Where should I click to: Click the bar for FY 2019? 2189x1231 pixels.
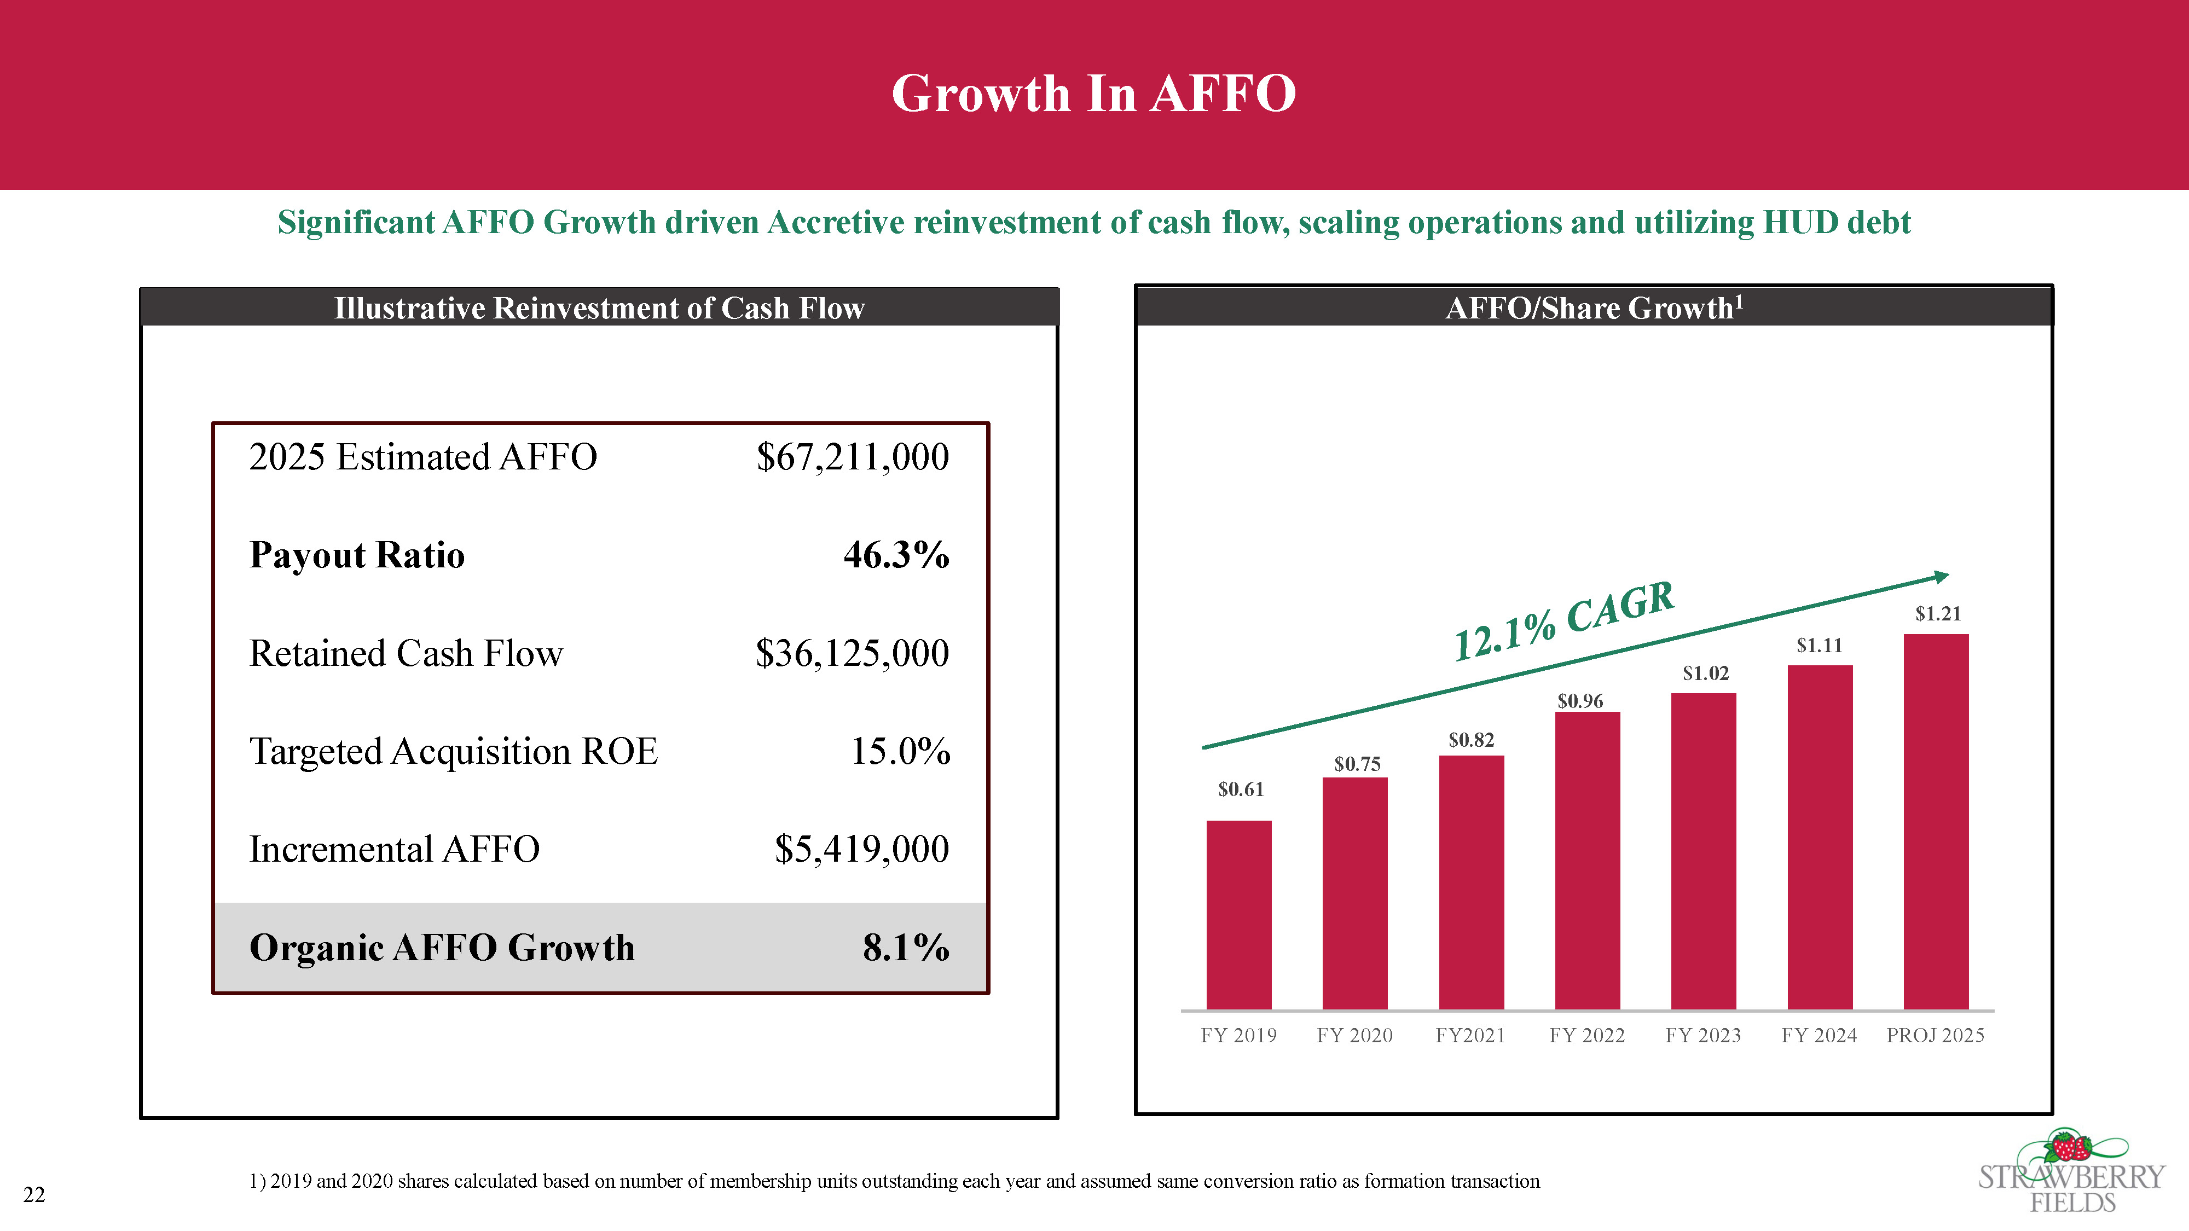click(x=1239, y=915)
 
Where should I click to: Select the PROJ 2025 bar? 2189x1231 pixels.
click(x=1936, y=822)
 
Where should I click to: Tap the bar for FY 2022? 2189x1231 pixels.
click(x=1588, y=861)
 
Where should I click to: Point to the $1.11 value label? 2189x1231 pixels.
click(x=1820, y=646)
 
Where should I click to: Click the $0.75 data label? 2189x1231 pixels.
click(x=1357, y=764)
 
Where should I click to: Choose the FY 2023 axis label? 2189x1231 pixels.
click(x=1703, y=1035)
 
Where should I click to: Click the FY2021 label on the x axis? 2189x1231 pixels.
click(x=1470, y=1035)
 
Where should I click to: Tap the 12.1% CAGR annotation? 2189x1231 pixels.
click(x=1563, y=621)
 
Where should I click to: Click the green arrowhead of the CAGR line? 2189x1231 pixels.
click(x=1941, y=577)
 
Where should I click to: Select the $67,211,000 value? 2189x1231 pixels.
click(x=852, y=457)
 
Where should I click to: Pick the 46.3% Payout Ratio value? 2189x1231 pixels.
click(x=896, y=555)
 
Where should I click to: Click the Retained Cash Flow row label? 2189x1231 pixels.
click(x=406, y=653)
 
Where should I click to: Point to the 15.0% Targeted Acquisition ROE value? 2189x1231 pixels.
click(x=901, y=751)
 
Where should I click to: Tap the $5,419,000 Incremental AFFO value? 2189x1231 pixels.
click(x=862, y=849)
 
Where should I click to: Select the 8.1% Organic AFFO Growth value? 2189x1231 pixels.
click(x=906, y=947)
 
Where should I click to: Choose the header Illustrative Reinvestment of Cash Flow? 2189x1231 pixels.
click(x=599, y=307)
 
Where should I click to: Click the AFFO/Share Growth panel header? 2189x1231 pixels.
click(x=1594, y=307)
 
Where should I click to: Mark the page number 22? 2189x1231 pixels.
click(x=34, y=1194)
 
